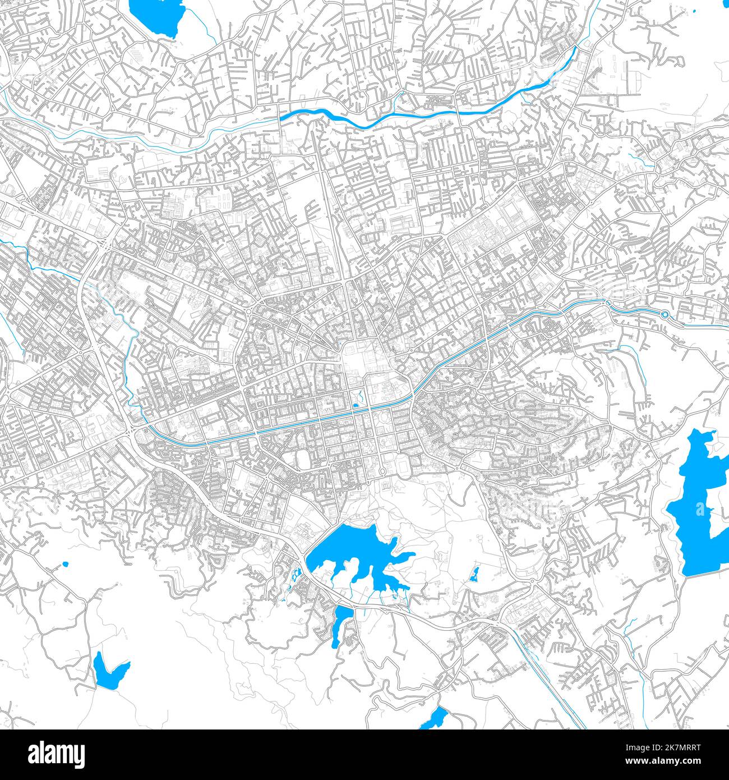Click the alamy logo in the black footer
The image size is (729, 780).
coord(57,754)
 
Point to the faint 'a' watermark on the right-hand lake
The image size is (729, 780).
coord(700,510)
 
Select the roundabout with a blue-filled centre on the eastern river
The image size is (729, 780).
coord(665,315)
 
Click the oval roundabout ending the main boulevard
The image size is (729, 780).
coord(383,470)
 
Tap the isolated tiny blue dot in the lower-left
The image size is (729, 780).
coord(66,563)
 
